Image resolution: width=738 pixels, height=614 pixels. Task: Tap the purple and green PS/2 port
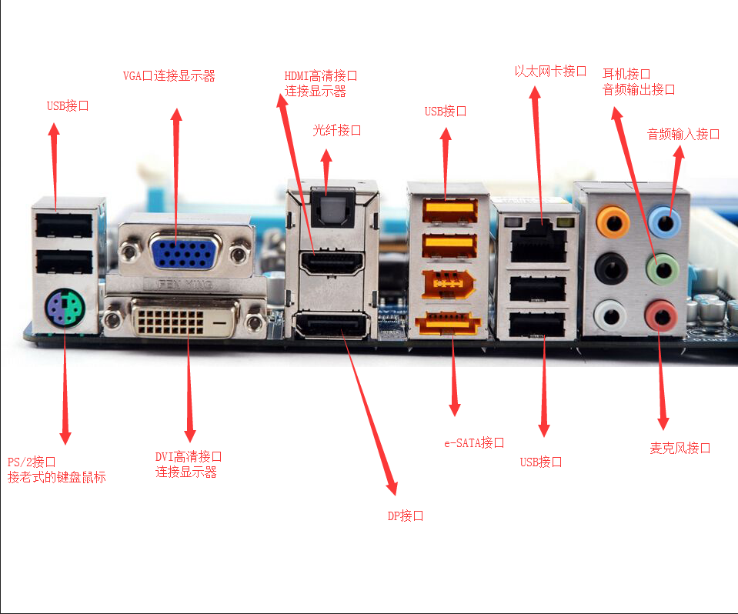click(x=64, y=308)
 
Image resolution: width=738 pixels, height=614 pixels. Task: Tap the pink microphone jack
click(x=660, y=315)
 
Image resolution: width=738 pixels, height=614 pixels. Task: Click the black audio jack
click(x=611, y=269)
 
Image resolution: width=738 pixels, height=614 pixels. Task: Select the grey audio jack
click(x=611, y=315)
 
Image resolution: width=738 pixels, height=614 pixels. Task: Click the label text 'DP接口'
click(x=405, y=516)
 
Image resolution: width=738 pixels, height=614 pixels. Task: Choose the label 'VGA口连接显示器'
click(x=169, y=75)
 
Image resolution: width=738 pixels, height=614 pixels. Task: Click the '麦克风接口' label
click(x=680, y=448)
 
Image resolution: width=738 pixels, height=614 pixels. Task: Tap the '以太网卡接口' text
click(x=550, y=72)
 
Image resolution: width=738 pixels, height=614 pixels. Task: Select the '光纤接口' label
click(x=336, y=130)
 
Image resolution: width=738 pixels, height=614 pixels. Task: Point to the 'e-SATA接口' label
click(x=473, y=443)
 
